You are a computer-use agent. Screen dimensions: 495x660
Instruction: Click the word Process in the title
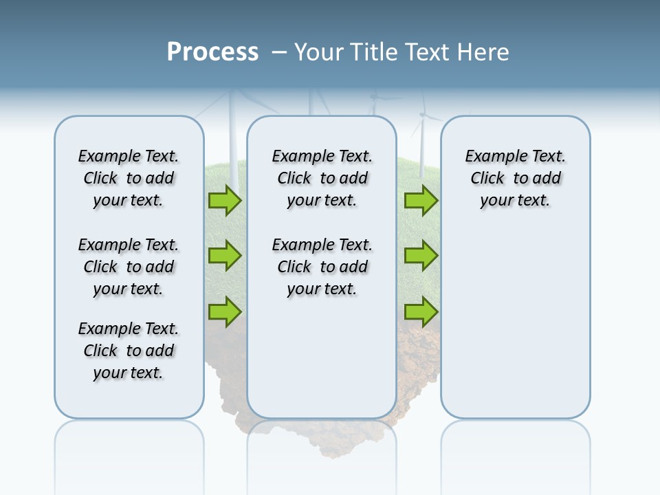[x=212, y=52]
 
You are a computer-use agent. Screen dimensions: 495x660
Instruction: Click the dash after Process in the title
[x=279, y=53]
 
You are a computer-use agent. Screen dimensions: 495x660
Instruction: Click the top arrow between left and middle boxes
[x=225, y=200]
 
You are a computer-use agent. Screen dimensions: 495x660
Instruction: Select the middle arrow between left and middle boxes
[x=225, y=256]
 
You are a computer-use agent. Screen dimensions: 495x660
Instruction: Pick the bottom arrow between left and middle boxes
[x=225, y=311]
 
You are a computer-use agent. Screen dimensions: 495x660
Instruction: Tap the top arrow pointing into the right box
[x=421, y=200]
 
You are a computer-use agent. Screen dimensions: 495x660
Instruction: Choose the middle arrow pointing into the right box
[x=421, y=256]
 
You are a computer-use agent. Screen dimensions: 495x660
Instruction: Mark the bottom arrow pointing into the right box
[x=421, y=311]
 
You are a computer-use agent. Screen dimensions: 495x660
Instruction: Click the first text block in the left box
[x=129, y=178]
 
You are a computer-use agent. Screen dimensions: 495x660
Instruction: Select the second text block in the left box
[x=129, y=267]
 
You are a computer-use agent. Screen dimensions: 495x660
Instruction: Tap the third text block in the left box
[x=129, y=351]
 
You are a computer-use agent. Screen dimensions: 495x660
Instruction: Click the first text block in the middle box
[x=322, y=178]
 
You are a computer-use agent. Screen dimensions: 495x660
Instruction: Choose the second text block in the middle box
[x=322, y=267]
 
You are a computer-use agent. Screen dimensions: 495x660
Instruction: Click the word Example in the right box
[x=489, y=156]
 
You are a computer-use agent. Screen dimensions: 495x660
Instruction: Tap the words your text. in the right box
[x=515, y=201]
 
